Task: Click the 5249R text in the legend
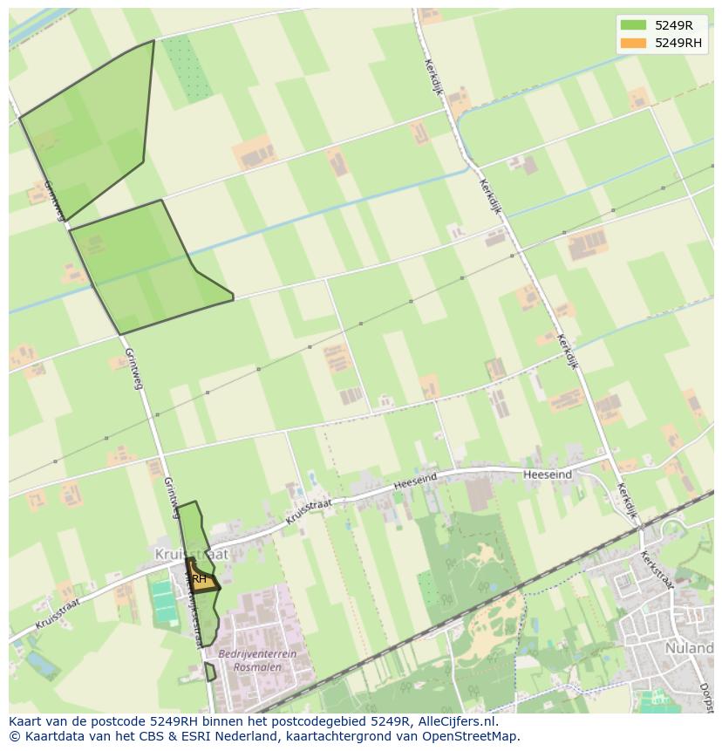pyautogui.click(x=674, y=25)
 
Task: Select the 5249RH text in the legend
pyautogui.click(x=678, y=43)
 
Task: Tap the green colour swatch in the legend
pyautogui.click(x=634, y=25)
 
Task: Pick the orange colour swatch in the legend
pyautogui.click(x=634, y=43)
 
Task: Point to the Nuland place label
pyautogui.click(x=689, y=648)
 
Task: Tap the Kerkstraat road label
pyautogui.click(x=657, y=570)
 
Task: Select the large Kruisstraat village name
pyautogui.click(x=191, y=554)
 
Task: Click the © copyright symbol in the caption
pyautogui.click(x=14, y=736)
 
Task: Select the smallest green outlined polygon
pyautogui.click(x=209, y=672)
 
